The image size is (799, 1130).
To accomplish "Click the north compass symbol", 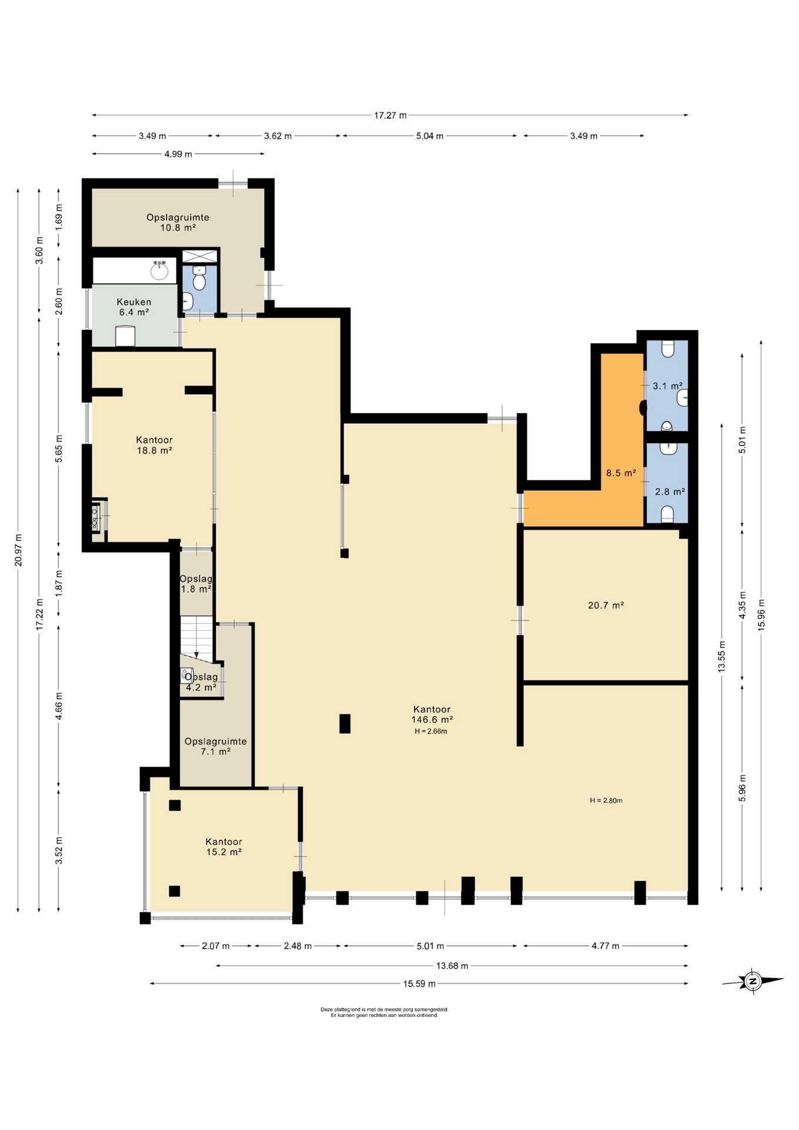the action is point(753,981).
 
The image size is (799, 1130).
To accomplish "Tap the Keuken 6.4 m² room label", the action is point(134,307).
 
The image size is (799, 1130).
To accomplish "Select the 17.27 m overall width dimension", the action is point(390,115).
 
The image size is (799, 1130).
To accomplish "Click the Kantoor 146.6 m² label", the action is point(432,714).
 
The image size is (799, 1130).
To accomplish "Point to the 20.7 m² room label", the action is point(606,605).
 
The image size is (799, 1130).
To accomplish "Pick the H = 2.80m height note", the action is point(606,800).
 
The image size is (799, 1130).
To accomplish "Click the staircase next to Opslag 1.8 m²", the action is point(196,636).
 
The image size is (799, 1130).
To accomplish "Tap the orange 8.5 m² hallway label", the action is point(621,473).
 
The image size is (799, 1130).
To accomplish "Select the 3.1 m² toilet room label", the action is point(667,386).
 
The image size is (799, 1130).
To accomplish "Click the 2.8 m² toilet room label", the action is point(670,491).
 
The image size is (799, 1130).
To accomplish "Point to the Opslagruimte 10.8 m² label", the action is point(178,222).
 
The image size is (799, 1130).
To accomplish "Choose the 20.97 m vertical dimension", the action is point(18,550).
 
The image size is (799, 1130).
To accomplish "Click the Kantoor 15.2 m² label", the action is point(224,847).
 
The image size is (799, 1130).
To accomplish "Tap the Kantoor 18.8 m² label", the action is point(154,445).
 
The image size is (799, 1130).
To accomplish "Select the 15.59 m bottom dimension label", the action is point(420,983).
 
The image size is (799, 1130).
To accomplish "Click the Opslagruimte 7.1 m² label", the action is point(215,746).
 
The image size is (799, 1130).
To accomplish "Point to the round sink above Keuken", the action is point(159,270).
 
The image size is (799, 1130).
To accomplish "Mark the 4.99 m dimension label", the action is point(178,154).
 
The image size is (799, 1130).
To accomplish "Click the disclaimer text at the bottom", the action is point(384,1012).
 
